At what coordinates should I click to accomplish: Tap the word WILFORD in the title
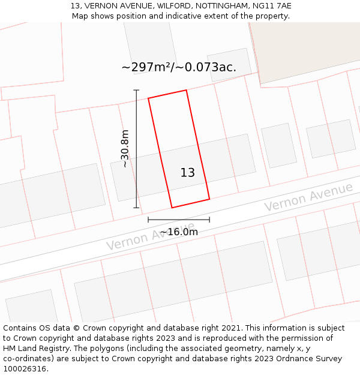173,5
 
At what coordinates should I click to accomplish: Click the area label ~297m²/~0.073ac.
179,67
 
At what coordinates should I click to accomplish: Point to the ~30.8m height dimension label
125,149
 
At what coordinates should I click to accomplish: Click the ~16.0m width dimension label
179,232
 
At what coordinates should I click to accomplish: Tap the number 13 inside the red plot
188,173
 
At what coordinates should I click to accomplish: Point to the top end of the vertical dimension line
136,90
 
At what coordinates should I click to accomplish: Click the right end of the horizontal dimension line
209,220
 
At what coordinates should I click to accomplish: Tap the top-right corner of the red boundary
186,90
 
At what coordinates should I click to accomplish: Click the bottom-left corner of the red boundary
172,208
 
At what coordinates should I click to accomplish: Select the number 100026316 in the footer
23,369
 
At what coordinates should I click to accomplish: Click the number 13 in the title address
76,5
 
